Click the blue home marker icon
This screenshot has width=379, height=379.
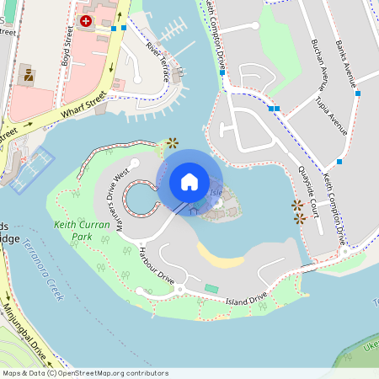click(x=189, y=182)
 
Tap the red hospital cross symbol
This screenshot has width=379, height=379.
click(x=86, y=20)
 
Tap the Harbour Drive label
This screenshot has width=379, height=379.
click(x=156, y=264)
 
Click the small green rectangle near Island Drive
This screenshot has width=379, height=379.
click(x=211, y=289)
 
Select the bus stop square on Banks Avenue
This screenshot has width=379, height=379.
click(x=358, y=93)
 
